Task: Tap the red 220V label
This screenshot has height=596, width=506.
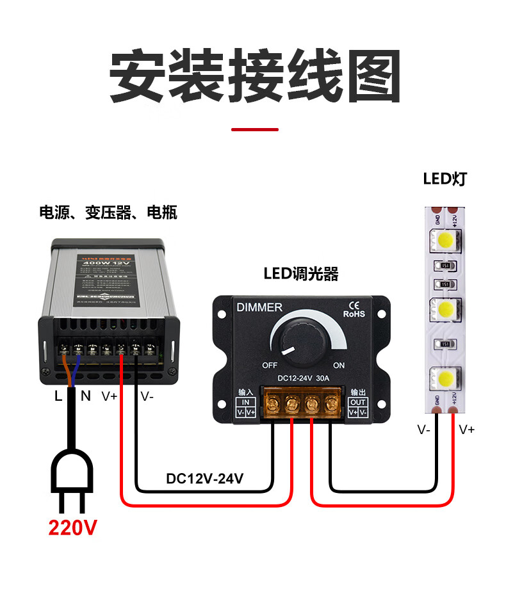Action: pyautogui.click(x=73, y=528)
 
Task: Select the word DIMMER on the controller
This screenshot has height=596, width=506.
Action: pyautogui.click(x=259, y=307)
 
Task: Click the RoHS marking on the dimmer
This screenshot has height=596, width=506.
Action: pyautogui.click(x=354, y=314)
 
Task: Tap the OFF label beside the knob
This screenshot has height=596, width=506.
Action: pyautogui.click(x=269, y=366)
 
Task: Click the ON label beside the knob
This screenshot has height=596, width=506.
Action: pyautogui.click(x=339, y=366)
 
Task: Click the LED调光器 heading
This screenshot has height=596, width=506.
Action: pyautogui.click(x=301, y=275)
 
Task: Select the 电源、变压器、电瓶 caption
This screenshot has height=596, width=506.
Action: pyautogui.click(x=108, y=212)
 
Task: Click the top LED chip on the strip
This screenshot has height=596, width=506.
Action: pyautogui.click(x=446, y=240)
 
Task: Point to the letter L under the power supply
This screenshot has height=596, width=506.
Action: pyautogui.click(x=58, y=396)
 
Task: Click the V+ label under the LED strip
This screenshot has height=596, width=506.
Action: pyautogui.click(x=467, y=430)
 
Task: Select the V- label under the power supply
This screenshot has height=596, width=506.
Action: pyautogui.click(x=147, y=396)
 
